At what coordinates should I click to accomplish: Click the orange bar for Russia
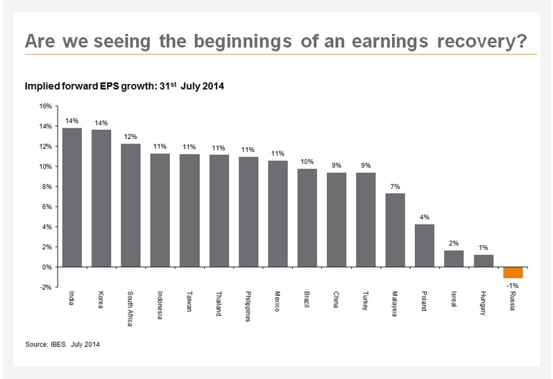tap(513, 272)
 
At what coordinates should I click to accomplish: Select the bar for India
tap(72, 197)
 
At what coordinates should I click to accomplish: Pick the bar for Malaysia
tap(395, 230)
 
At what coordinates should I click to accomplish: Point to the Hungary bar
tap(484, 260)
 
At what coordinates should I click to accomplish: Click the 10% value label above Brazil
tap(307, 160)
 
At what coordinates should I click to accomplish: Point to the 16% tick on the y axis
tap(45, 106)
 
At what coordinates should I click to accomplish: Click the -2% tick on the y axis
tap(45, 287)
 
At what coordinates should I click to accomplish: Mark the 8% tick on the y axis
tap(46, 187)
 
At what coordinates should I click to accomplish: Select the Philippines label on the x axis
tap(248, 306)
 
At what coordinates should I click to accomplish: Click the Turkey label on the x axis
tap(366, 300)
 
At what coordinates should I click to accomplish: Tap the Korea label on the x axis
tap(101, 299)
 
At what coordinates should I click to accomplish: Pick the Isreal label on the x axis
tap(454, 300)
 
